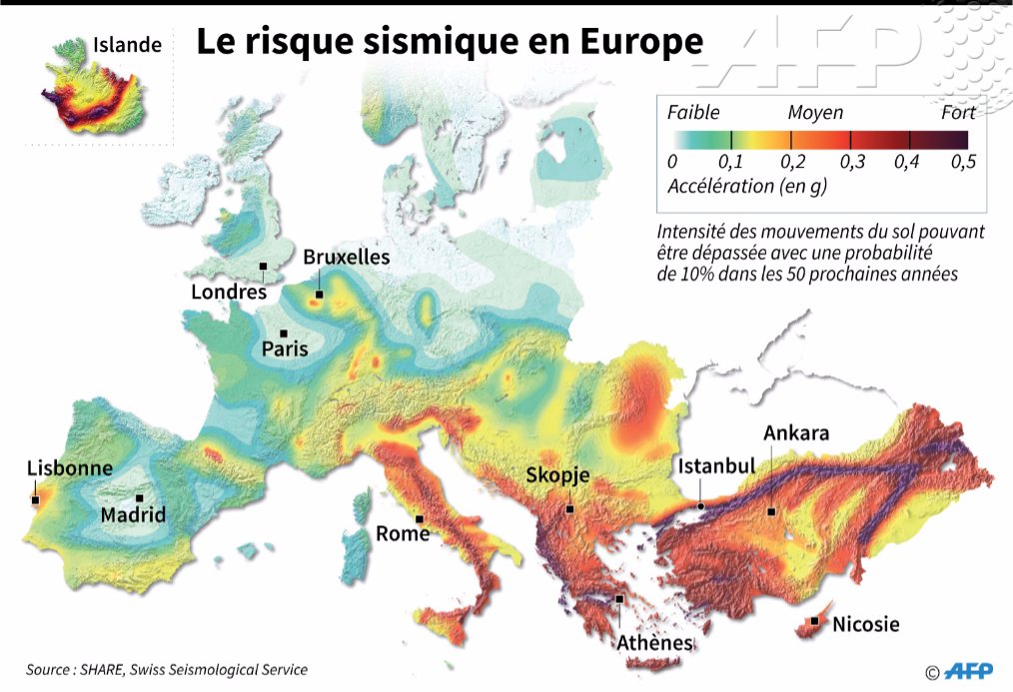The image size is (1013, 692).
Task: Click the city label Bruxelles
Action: (x=346, y=258)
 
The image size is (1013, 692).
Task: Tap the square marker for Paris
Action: (x=284, y=334)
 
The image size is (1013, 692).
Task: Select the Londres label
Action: (x=229, y=292)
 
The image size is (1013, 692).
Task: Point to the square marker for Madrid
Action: (x=140, y=497)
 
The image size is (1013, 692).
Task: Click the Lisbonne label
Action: (x=69, y=467)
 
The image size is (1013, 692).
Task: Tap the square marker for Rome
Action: (x=421, y=518)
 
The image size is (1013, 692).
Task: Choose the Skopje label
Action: (x=557, y=475)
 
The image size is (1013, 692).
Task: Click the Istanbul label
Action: (x=715, y=466)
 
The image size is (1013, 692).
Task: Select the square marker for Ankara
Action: (x=771, y=511)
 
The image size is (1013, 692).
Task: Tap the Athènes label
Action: (x=654, y=642)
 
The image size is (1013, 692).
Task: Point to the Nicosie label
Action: (x=865, y=625)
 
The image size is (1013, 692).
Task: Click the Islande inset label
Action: (x=127, y=45)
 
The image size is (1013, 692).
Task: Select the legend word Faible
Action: (x=693, y=112)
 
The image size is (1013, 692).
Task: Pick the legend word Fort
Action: (x=957, y=112)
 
